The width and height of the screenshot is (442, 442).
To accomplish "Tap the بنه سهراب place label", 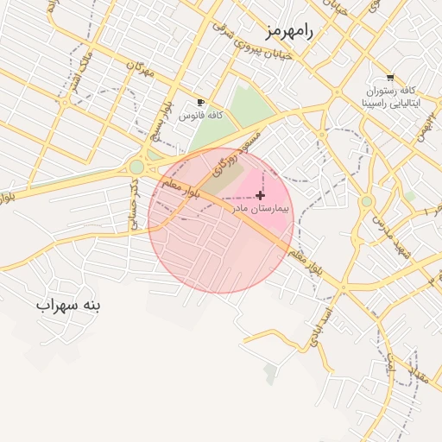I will tap(68, 306).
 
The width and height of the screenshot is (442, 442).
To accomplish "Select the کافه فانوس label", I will tap(201, 115).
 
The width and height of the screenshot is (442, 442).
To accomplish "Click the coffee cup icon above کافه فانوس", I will tap(201, 103).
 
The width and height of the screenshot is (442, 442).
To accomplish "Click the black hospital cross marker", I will tap(261, 196).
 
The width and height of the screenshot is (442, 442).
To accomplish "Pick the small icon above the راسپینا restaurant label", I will tap(390, 78).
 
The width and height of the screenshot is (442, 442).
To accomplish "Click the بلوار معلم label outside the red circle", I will tap(308, 260).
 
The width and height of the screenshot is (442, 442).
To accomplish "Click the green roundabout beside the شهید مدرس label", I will tap(366, 201).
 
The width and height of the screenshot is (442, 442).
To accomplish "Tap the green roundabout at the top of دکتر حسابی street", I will tap(137, 166).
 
